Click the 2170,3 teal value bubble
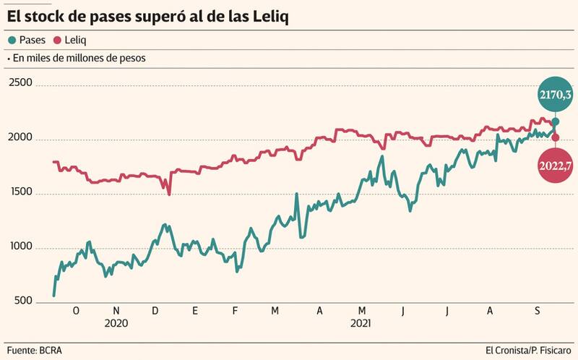[555, 95]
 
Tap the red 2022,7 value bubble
[555, 166]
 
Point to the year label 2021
[360, 324]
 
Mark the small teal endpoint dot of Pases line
[555, 122]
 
